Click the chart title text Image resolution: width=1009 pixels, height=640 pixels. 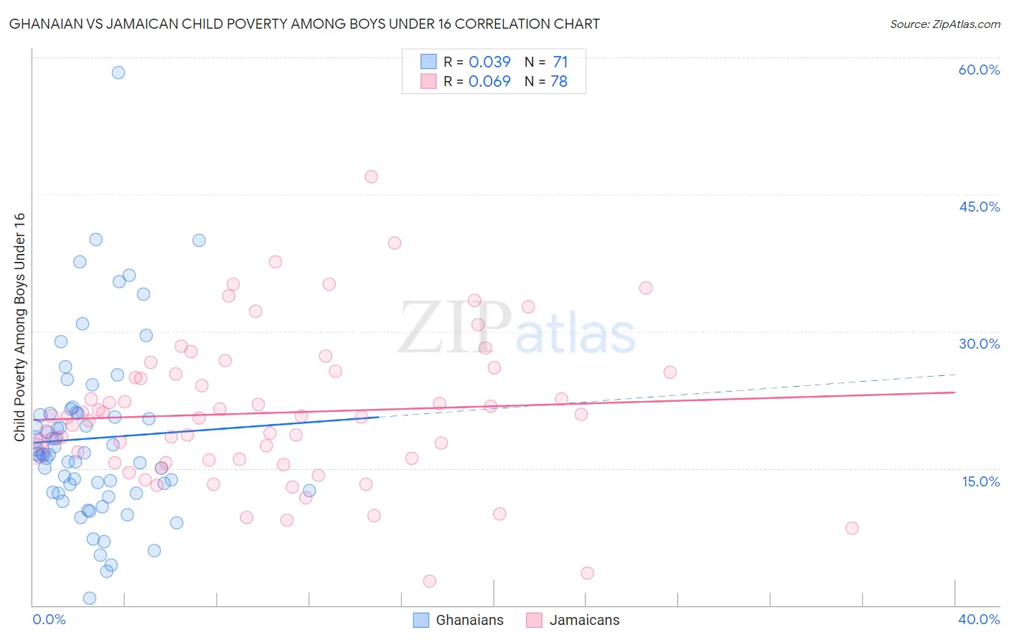tap(304, 24)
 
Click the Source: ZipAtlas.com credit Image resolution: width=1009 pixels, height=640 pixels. tap(944, 24)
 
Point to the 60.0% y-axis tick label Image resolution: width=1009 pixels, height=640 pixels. tap(979, 70)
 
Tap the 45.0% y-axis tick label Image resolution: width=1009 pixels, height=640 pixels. tap(979, 207)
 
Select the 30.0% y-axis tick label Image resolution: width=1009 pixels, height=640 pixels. tap(979, 344)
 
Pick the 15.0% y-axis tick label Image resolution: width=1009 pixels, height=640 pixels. tap(980, 481)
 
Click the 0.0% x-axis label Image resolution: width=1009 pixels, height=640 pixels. tap(49, 619)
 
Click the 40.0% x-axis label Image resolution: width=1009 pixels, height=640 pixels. tap(979, 619)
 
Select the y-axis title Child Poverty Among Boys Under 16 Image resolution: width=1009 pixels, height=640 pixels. tap(19, 327)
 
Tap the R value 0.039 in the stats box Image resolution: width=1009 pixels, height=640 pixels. tap(489, 62)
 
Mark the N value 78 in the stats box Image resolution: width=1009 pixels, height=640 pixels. tap(559, 82)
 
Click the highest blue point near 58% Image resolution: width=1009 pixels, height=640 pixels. tap(118, 72)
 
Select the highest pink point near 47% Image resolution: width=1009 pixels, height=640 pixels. tap(371, 177)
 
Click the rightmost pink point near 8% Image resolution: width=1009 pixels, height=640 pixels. tap(852, 528)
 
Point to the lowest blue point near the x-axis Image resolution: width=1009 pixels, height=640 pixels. tap(90, 598)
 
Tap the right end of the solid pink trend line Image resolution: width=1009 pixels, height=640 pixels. tap(955, 392)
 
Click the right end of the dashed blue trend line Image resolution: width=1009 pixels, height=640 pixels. tap(955, 375)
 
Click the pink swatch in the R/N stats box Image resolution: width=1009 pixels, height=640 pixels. tap(428, 82)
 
